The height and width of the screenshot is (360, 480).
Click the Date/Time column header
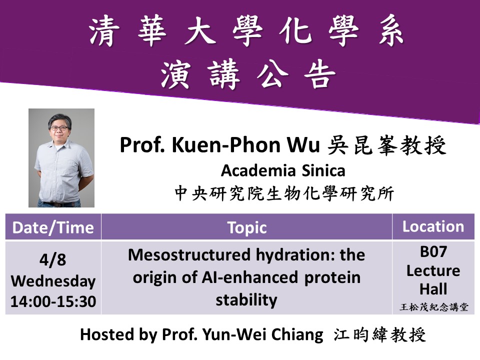pos(53,228)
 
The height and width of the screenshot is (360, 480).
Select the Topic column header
pos(246,228)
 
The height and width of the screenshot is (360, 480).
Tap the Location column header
pos(433,226)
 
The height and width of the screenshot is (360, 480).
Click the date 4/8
pos(52,259)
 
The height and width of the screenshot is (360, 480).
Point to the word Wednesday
pos(53,281)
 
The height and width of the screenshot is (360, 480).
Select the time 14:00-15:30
pos(53,301)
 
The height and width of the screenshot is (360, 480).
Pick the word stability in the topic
pos(246,300)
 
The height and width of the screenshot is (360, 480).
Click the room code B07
pos(433,251)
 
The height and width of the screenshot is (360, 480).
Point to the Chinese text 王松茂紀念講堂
pos(434,307)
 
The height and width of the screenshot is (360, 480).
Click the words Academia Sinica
pos(283,170)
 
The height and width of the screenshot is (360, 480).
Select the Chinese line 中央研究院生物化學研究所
pos(284,193)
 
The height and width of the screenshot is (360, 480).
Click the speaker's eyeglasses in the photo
pos(59,128)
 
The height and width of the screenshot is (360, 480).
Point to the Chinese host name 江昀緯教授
pos(379,334)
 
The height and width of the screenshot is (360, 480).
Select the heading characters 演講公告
pos(248,74)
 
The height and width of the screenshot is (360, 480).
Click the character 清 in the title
pos(104,31)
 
